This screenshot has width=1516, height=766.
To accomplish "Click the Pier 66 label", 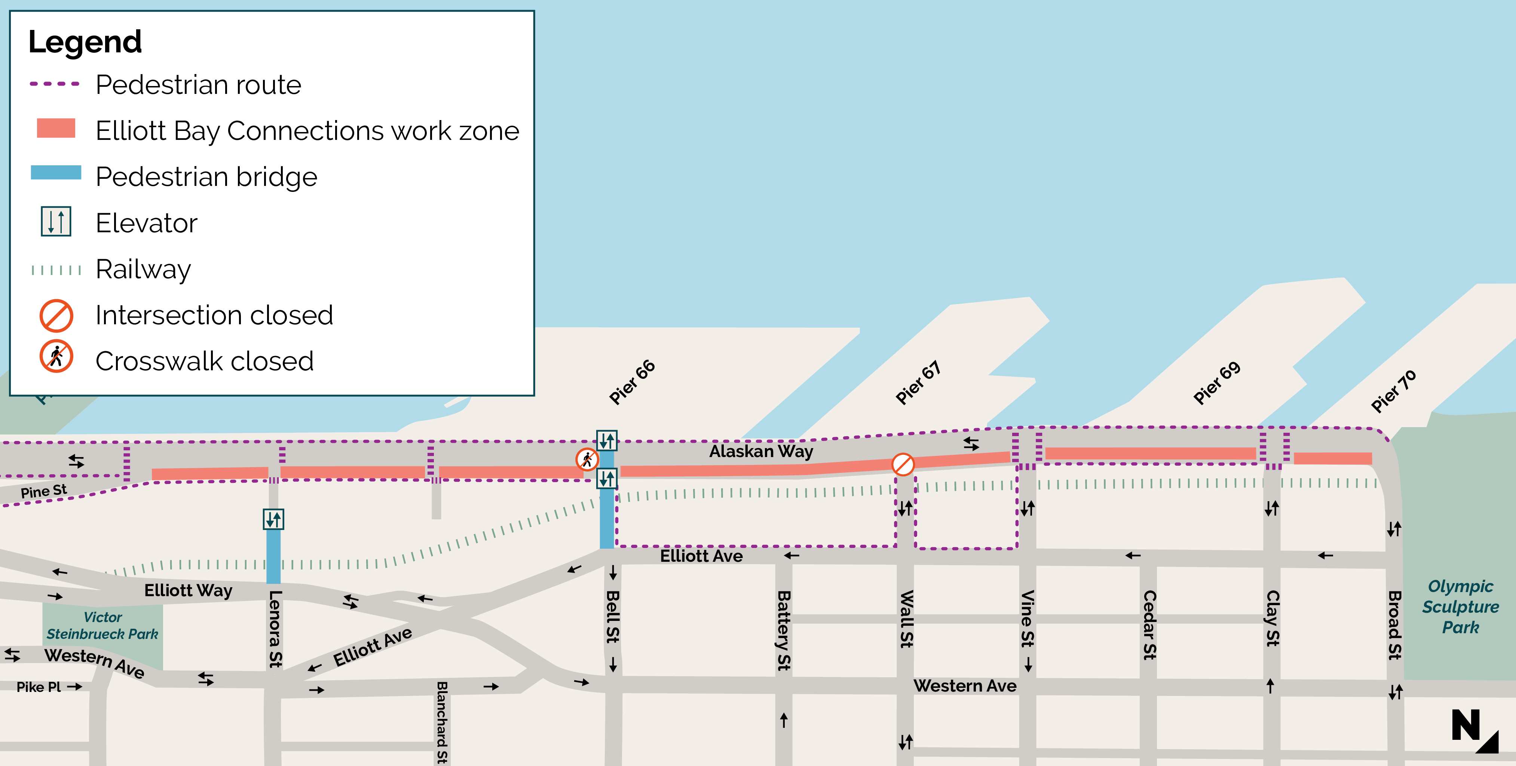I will tap(632, 382).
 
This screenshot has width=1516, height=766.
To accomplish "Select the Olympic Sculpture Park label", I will tap(1460, 607).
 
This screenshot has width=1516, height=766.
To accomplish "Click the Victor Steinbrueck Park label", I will tap(102, 625).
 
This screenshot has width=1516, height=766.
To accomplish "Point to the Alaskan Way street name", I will tap(760, 451).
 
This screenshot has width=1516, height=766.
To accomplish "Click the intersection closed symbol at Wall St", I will tap(903, 464).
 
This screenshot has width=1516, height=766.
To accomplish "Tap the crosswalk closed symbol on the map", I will tap(587, 459).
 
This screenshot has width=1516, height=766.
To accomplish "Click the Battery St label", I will tap(783, 630).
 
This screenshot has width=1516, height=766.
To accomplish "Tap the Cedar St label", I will tap(1149, 625).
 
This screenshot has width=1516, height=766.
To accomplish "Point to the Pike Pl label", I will tap(39, 687).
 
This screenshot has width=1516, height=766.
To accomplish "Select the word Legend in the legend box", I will tap(85, 42).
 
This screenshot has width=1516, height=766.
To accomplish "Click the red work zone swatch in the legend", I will tap(56, 128).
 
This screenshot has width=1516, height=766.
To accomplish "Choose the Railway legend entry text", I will tap(143, 269).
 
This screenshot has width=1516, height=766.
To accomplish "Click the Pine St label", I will tap(43, 491).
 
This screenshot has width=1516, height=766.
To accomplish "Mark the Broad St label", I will tap(1394, 625).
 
